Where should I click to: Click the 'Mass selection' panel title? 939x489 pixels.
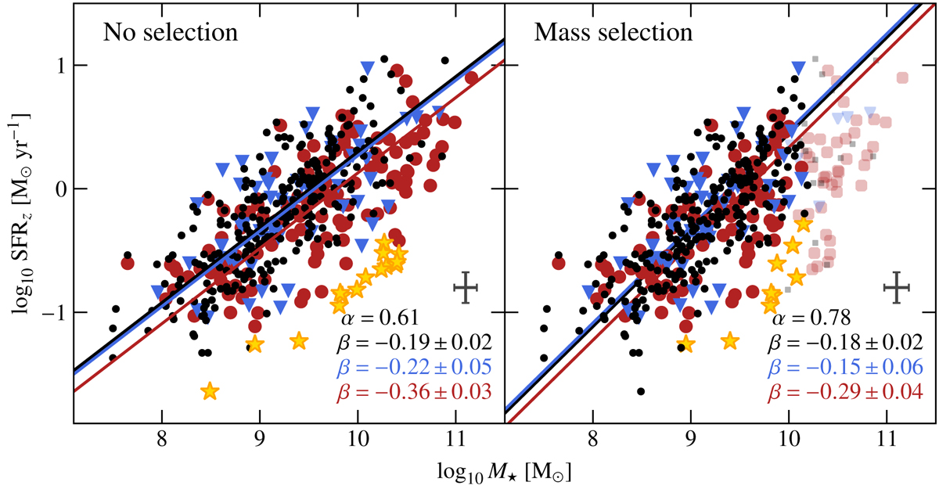[613, 34]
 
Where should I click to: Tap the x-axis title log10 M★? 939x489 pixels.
[506, 470]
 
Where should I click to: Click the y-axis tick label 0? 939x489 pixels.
[58, 189]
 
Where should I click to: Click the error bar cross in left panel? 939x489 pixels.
[466, 287]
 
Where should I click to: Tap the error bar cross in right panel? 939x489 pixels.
[897, 287]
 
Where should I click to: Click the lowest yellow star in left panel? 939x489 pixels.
[210, 391]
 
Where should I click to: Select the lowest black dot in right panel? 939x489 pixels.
[641, 391]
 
